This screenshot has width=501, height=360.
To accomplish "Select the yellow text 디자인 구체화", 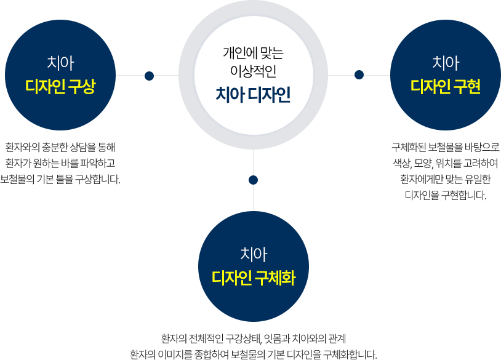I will coord(254,278).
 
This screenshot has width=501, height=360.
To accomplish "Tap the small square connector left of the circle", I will coord(148,76).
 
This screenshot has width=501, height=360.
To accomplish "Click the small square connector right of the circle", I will coord(359,75).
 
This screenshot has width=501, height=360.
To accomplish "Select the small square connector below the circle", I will coord(253,180).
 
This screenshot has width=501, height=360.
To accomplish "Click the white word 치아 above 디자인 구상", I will coord(60,63).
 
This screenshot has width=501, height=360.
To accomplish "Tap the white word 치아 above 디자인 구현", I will coord(446,63).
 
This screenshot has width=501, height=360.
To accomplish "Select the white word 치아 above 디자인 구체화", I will coord(254,254).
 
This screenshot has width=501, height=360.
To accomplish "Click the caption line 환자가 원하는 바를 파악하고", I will coord(60,164).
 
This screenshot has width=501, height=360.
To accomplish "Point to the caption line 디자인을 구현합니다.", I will coord(446,195).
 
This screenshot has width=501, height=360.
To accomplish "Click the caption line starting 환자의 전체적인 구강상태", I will coord(254,339).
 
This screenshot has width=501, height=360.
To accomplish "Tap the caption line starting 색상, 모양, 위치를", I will coord(446,164).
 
